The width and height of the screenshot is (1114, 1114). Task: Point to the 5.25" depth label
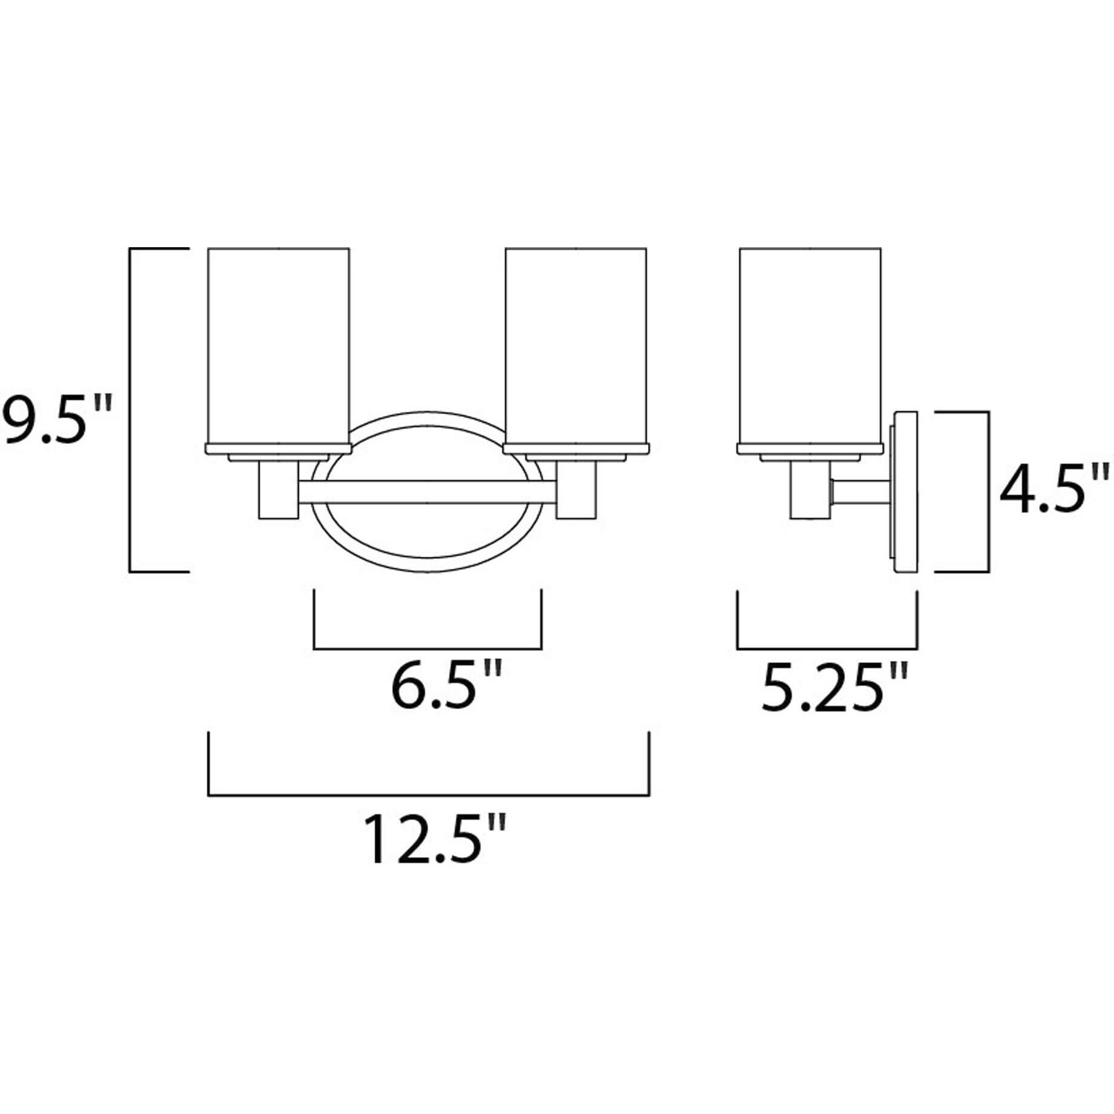pyautogui.click(x=834, y=688)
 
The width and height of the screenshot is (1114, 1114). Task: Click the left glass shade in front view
pyautogui.click(x=279, y=345)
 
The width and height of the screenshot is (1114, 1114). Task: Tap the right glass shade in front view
pyautogui.click(x=576, y=345)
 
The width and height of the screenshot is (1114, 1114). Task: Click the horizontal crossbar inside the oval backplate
pyautogui.click(x=426, y=492)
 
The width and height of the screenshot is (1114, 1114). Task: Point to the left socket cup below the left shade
pyautogui.click(x=277, y=490)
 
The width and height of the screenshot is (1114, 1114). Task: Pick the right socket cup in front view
pyautogui.click(x=576, y=490)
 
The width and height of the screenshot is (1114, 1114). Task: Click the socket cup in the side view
pyautogui.click(x=809, y=490)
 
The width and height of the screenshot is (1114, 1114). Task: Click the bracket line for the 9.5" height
pyautogui.click(x=131, y=409)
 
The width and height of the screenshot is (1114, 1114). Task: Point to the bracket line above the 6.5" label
pyautogui.click(x=427, y=649)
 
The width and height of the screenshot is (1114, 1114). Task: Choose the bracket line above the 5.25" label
pyautogui.click(x=827, y=649)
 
